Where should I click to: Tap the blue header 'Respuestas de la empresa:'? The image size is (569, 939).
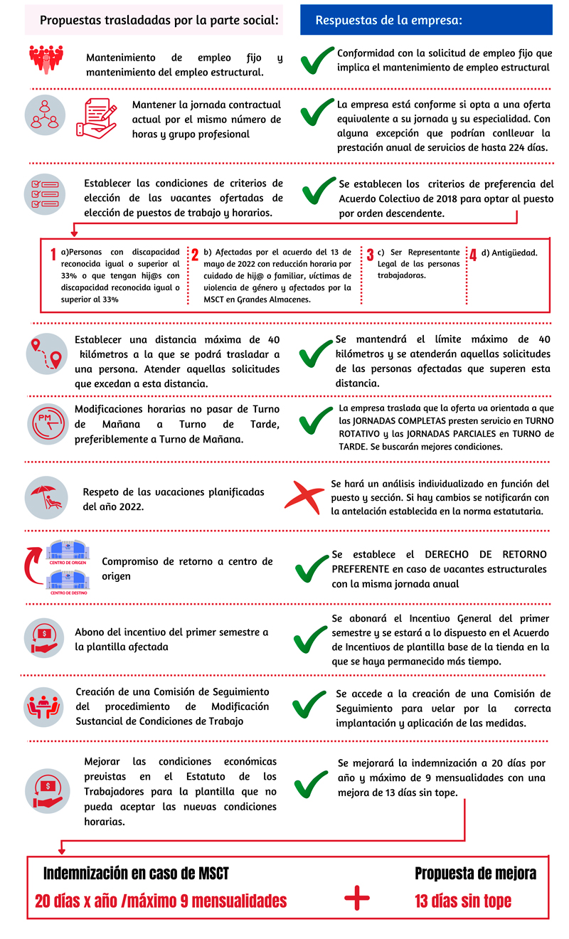tap(389, 21)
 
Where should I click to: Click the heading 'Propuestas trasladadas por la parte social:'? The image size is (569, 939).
tap(159, 21)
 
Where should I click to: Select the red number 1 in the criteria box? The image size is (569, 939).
tap(53, 255)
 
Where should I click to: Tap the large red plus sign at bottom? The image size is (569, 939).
tap(357, 898)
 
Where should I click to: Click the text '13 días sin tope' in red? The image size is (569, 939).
tap(463, 901)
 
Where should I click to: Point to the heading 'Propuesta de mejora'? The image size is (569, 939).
tap(475, 874)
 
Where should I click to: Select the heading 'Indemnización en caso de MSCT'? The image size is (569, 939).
tap(137, 874)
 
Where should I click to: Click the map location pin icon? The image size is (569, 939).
tap(46, 354)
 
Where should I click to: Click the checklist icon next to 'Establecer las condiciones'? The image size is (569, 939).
tap(46, 193)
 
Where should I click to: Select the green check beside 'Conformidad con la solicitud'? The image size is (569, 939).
tap(317, 60)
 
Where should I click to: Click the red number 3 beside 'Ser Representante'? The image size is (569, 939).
tap(370, 255)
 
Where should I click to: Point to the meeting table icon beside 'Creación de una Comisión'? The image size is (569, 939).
tap(46, 705)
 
